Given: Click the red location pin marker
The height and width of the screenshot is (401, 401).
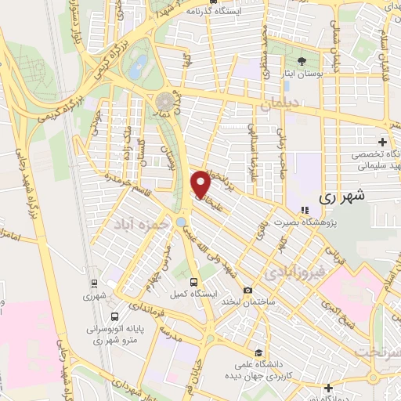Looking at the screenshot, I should point(200,185).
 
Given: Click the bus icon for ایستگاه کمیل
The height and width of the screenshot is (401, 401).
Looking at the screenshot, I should point(193,282).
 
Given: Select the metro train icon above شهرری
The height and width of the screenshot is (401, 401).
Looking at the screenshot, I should point(94,284).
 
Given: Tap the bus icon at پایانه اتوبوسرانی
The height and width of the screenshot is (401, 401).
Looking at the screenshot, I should point(115,317).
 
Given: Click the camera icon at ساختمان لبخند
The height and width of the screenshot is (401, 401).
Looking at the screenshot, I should point(248,290).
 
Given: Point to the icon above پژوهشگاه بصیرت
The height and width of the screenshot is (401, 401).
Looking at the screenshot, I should point(304,209).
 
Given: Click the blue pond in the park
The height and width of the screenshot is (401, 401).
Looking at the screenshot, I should point(138,66).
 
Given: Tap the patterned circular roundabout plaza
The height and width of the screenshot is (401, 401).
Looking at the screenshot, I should point(166,102).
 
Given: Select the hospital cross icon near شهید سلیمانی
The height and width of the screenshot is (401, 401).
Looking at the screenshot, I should point(381,142).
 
